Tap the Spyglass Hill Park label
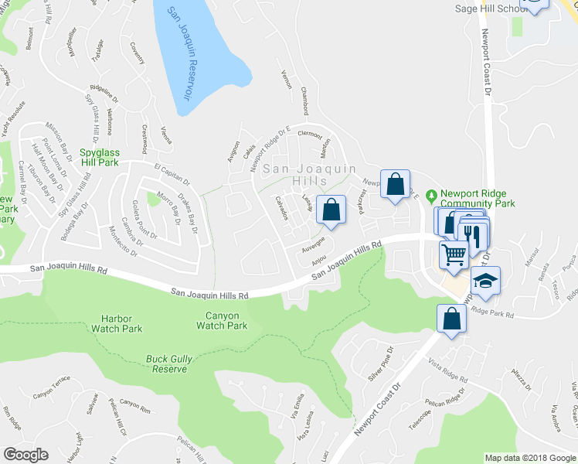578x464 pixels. (x=97, y=158)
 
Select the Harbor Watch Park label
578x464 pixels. (x=121, y=323)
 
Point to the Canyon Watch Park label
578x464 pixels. (x=222, y=320)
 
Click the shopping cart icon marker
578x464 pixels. (x=454, y=254)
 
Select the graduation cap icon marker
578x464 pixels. (x=486, y=281)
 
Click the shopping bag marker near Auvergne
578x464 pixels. (x=331, y=210)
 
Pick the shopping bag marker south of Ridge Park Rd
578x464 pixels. (x=450, y=318)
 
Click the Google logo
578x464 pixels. (x=25, y=455)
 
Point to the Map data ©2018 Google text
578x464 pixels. (x=529, y=457)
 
